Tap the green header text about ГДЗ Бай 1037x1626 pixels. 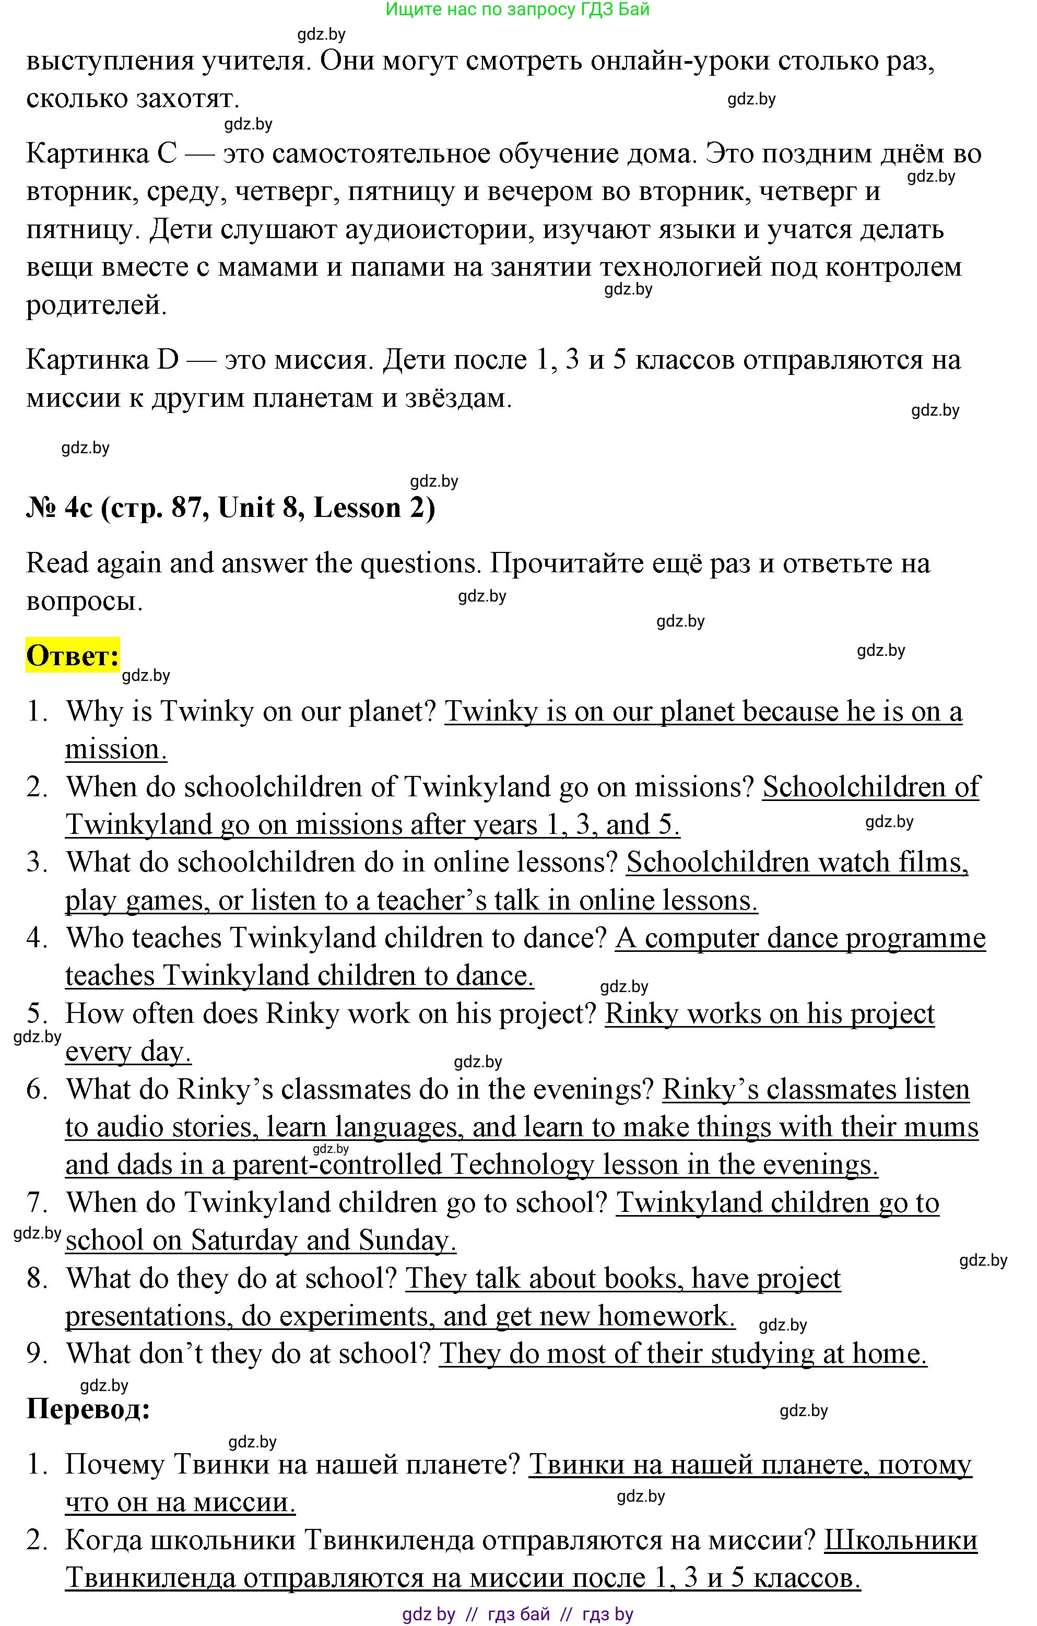coord(517,9)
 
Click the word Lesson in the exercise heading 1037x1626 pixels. coord(357,508)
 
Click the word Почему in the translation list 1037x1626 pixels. coord(115,1465)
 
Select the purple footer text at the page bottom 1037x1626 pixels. coord(517,1615)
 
